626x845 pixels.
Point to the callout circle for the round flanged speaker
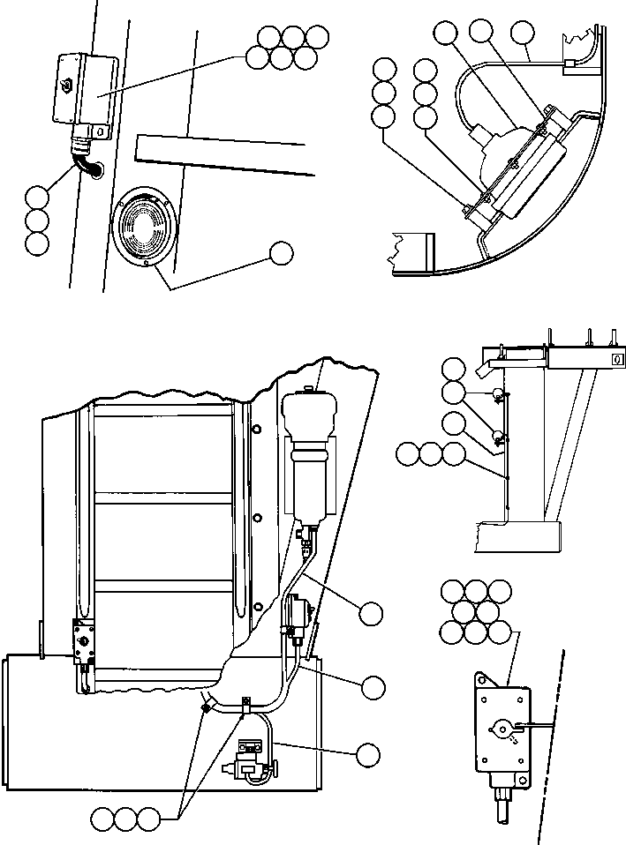click(x=282, y=252)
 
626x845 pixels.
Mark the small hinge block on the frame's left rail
click(x=85, y=642)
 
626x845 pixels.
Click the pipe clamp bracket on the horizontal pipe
click(x=245, y=704)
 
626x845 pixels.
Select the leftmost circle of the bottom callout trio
click(x=104, y=819)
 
